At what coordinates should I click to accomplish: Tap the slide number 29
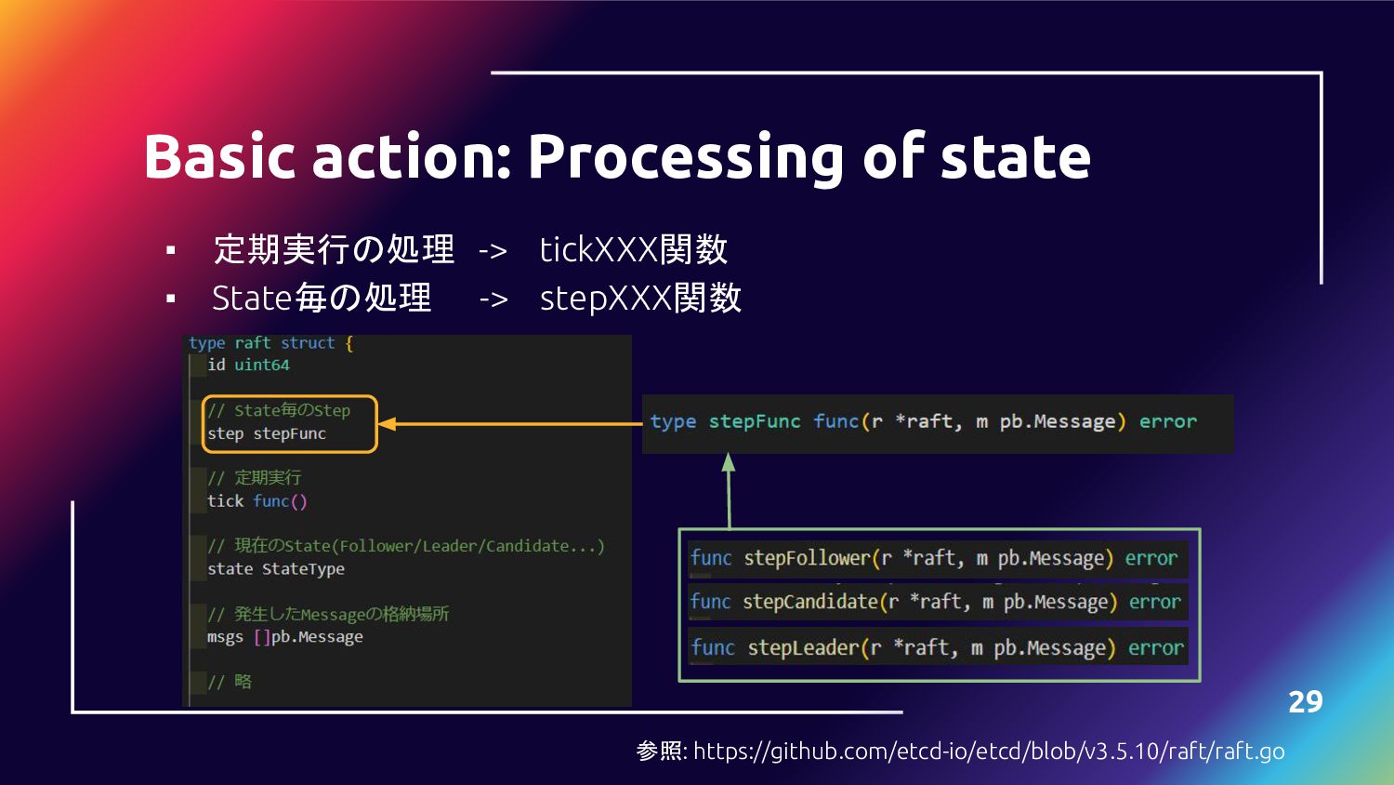(1305, 701)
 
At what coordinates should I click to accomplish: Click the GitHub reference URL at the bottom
(989, 751)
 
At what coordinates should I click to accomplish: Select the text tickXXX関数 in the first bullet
(633, 249)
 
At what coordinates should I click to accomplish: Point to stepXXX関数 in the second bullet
(640, 299)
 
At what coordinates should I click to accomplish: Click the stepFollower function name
(807, 558)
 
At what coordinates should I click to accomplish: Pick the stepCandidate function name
(809, 602)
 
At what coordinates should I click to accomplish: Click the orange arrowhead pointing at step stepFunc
(387, 424)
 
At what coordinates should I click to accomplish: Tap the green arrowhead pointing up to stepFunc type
(729, 462)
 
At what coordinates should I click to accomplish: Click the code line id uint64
(248, 365)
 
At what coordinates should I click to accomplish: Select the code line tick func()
(256, 501)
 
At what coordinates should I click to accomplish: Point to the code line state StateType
(275, 569)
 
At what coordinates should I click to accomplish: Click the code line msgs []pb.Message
(284, 637)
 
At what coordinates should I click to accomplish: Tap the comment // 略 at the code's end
(230, 682)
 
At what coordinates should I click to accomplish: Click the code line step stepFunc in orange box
(267, 433)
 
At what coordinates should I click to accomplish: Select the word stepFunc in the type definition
(754, 421)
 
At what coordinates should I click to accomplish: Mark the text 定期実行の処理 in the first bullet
(334, 249)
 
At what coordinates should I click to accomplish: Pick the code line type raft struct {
(270, 343)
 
